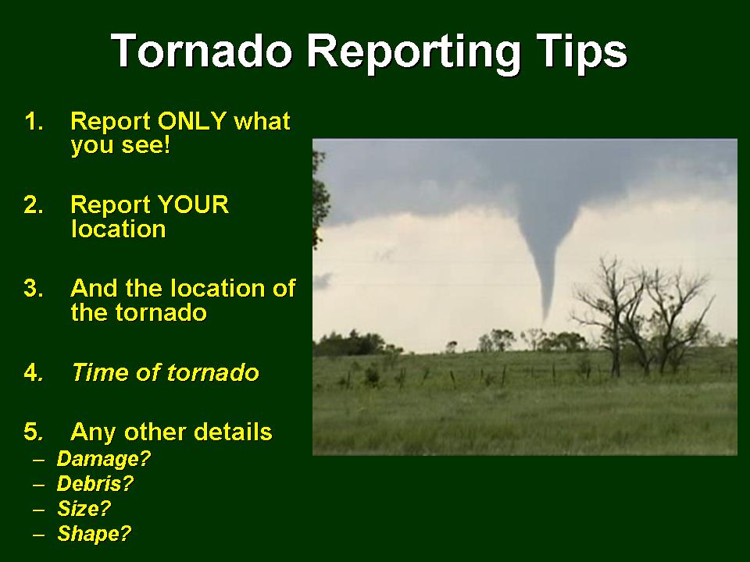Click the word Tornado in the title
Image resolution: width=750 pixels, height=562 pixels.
point(202,50)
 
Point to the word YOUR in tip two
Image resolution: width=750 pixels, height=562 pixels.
point(193,205)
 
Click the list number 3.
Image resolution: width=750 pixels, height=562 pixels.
point(34,288)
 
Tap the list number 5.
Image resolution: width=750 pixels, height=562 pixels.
point(34,432)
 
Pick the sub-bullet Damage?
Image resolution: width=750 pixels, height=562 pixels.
point(104,459)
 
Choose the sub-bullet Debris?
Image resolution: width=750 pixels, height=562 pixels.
point(95,484)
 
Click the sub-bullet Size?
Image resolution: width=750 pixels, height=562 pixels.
point(84,508)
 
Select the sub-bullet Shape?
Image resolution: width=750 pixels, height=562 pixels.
point(95,534)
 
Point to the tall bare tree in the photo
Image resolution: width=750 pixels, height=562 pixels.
point(609,316)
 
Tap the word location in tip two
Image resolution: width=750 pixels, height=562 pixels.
point(118,229)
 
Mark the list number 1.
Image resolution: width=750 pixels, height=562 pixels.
point(34,121)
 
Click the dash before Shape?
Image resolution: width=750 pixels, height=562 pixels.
point(39,534)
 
